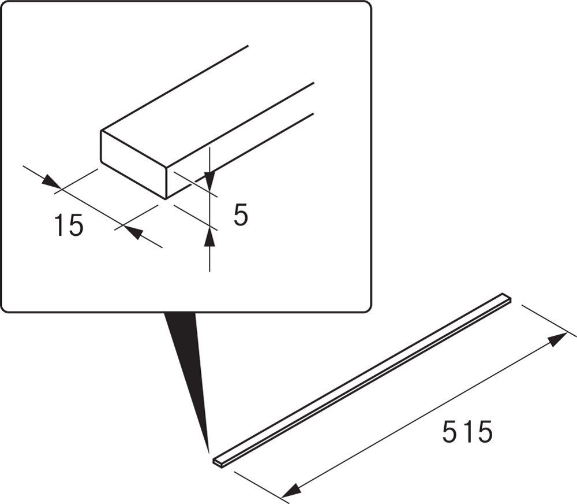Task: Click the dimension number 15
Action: pyautogui.click(x=69, y=225)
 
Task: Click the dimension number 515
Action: pyautogui.click(x=467, y=432)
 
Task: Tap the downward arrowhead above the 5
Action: pyautogui.click(x=209, y=181)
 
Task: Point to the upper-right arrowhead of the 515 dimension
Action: pyautogui.click(x=557, y=339)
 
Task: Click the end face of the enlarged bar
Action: pyautogui.click(x=133, y=165)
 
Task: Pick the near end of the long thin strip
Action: pyautogui.click(x=218, y=462)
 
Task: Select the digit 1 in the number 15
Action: pyautogui.click(x=59, y=225)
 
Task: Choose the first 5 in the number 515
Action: pyautogui.click(x=449, y=432)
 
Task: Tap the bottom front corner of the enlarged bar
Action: pyautogui.click(x=166, y=199)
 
